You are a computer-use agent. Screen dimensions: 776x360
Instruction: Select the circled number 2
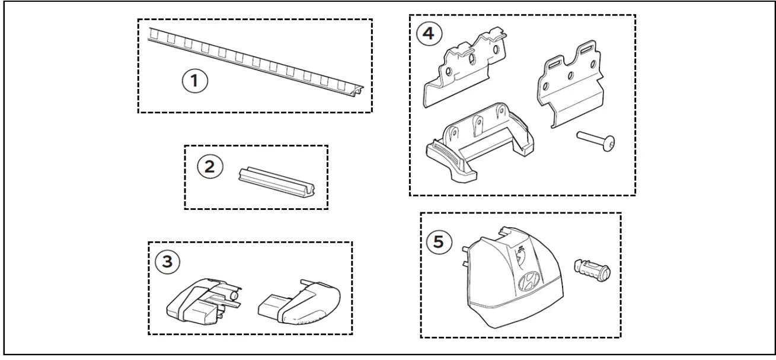point(210,167)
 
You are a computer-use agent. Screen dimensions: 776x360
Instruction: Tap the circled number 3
point(168,261)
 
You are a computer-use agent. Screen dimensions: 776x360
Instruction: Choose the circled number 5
point(438,242)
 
